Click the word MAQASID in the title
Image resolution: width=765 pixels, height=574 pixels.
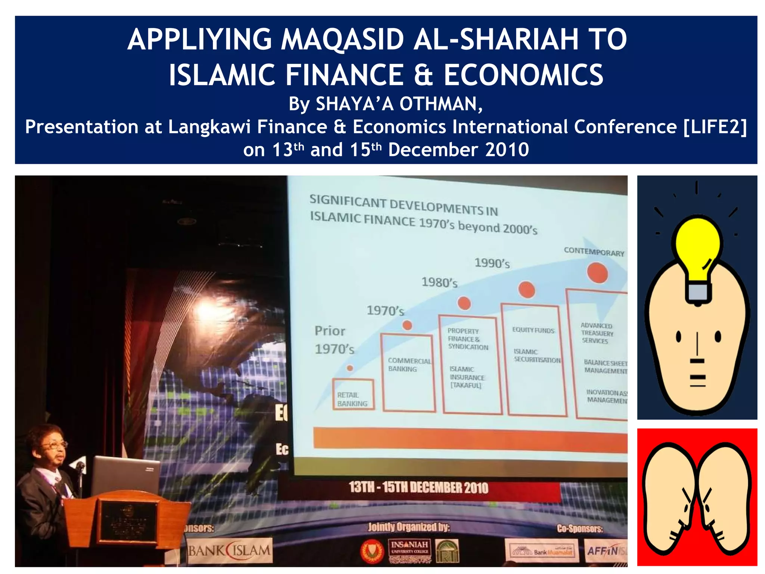(x=343, y=40)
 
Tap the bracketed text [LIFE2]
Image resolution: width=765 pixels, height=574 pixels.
(x=715, y=127)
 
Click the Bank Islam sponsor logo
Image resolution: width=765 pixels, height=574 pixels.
(x=229, y=550)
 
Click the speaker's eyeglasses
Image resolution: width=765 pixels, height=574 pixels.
(x=55, y=445)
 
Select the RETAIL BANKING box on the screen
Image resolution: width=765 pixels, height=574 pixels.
(x=353, y=395)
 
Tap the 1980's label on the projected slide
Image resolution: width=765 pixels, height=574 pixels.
(x=439, y=282)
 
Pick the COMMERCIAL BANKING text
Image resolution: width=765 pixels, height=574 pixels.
(x=409, y=365)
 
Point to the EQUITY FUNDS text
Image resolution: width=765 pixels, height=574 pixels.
(x=533, y=330)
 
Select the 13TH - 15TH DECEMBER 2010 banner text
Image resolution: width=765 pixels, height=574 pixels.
(x=418, y=488)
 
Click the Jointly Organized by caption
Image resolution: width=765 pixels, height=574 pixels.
(x=409, y=527)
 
